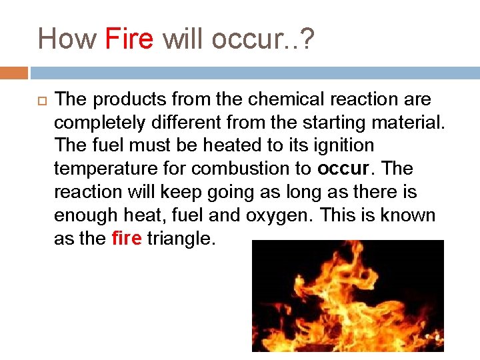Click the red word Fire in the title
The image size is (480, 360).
(129, 39)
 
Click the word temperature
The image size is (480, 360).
(106, 169)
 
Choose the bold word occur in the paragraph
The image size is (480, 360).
(343, 169)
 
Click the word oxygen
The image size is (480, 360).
(284, 215)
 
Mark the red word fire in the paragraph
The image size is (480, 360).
(127, 239)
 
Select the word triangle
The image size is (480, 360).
(181, 239)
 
